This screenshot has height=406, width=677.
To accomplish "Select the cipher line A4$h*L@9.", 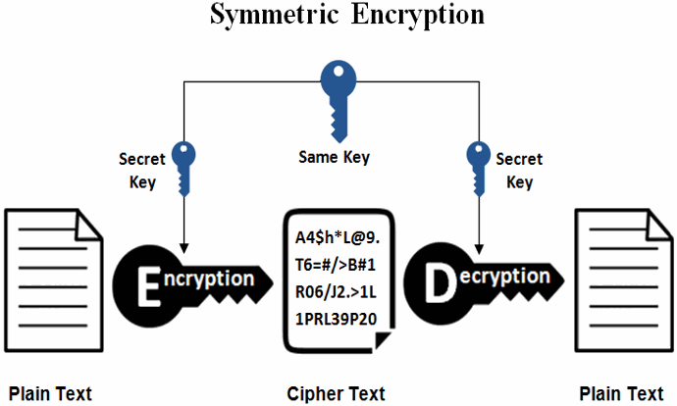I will tap(338, 238).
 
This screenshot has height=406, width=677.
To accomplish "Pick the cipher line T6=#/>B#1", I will tap(337, 265).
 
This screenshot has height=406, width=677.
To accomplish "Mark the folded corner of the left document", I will tap(90, 225).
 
